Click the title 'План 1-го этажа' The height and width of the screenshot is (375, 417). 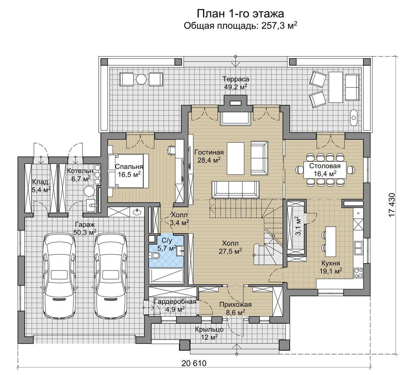coord(240,14)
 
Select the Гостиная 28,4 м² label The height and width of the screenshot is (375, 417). coord(209,156)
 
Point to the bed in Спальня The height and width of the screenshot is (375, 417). coord(128,171)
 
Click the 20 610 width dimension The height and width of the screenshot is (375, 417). coord(194,363)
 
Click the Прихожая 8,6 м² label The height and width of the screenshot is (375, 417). coord(236,308)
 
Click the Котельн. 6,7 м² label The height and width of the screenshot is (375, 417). coord(81,175)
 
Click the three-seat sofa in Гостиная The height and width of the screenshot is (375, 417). coord(236,190)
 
